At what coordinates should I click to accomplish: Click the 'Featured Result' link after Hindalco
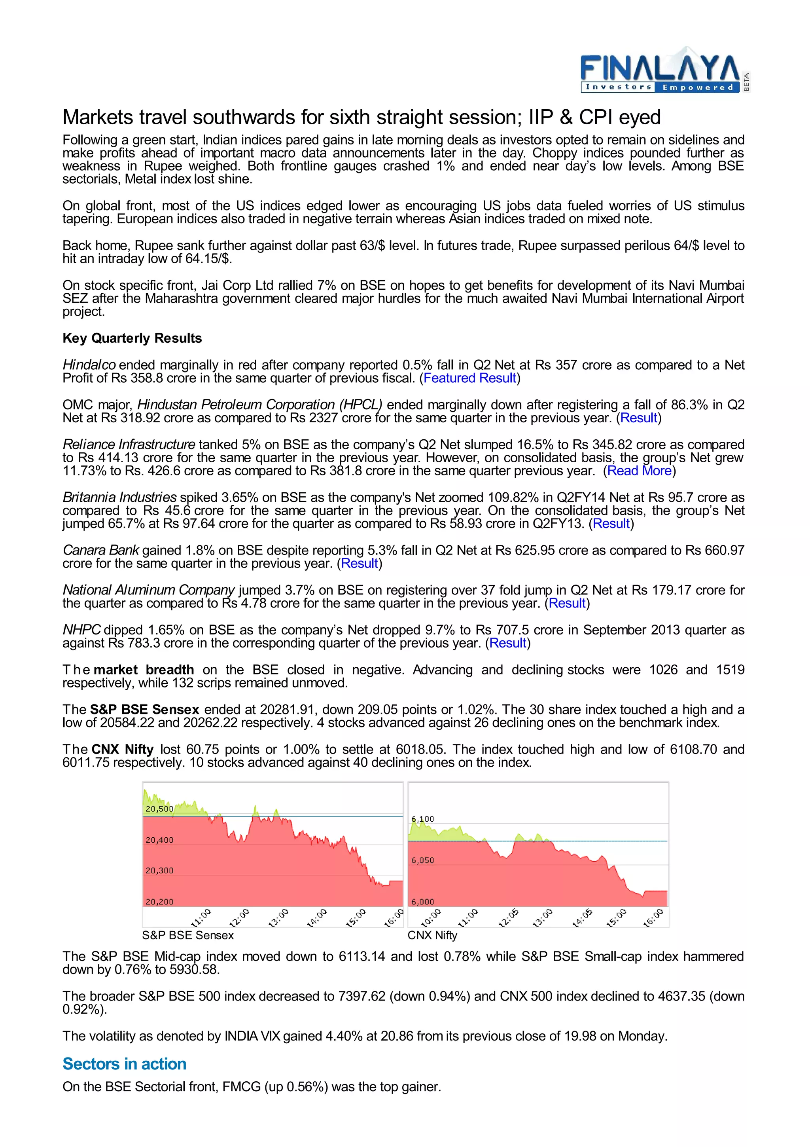click(469, 378)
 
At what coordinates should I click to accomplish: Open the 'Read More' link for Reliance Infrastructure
click(639, 471)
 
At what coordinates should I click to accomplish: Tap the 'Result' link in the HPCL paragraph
click(638, 418)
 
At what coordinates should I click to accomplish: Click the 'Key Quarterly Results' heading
click(132, 338)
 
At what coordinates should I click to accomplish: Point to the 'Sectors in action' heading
click(124, 1063)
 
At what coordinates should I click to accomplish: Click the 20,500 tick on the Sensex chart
click(159, 808)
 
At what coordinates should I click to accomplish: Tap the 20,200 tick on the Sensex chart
click(159, 902)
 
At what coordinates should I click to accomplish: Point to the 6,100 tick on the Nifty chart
click(422, 819)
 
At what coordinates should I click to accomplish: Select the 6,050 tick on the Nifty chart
click(422, 860)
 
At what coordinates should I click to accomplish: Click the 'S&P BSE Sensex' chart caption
click(187, 935)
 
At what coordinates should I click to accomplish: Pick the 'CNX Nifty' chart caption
click(432, 935)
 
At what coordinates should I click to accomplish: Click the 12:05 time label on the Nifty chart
click(509, 918)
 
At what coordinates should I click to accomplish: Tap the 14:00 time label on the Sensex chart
click(316, 918)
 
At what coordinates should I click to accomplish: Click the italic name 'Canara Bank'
click(101, 550)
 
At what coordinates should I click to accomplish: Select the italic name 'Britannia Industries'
click(119, 497)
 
